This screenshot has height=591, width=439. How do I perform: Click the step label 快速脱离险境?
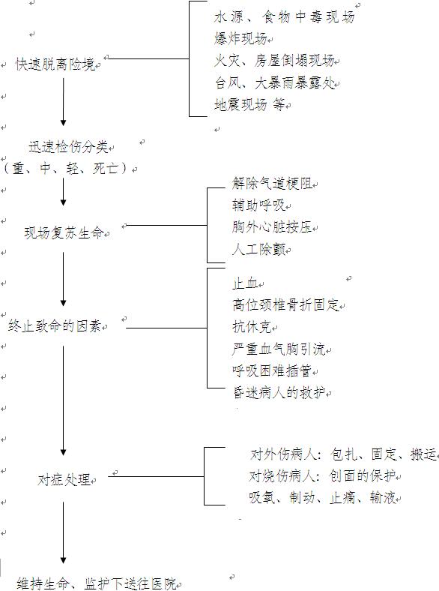pyautogui.click(x=55, y=64)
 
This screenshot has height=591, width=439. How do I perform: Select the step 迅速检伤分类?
pyautogui.click(x=68, y=146)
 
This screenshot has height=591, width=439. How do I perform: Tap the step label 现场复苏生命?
pyautogui.click(x=64, y=232)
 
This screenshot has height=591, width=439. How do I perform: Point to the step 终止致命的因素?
pyautogui.click(x=55, y=325)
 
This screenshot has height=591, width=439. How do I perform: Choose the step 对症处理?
pyautogui.click(x=64, y=479)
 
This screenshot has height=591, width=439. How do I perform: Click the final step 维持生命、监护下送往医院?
pyautogui.click(x=97, y=583)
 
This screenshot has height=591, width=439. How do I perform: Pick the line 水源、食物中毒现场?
pyautogui.click(x=284, y=17)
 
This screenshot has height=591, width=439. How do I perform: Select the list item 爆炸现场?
pyautogui.click(x=240, y=38)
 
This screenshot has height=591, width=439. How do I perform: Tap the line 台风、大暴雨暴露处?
pyautogui.click(x=274, y=83)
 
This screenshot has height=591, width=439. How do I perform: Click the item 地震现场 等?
pyautogui.click(x=249, y=104)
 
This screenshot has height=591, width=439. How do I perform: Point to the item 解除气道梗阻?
pyautogui.click(x=272, y=184)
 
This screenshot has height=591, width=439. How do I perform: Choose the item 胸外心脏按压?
pyautogui.click(x=272, y=227)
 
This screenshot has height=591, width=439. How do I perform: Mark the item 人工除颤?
pyautogui.click(x=259, y=249)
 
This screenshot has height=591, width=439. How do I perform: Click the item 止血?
pyautogui.click(x=246, y=283)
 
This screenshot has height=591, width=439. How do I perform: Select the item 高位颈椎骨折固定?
pyautogui.click(x=285, y=304)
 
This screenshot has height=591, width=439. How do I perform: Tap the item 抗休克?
pyautogui.click(x=252, y=327)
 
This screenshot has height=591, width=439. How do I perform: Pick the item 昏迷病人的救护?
pyautogui.click(x=279, y=393)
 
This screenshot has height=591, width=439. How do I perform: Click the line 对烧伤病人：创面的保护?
pyautogui.click(x=322, y=476)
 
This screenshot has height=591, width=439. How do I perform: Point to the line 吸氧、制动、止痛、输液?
pyautogui.click(x=322, y=498)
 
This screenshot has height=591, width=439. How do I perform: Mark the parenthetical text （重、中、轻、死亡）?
pyautogui.click(x=67, y=168)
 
